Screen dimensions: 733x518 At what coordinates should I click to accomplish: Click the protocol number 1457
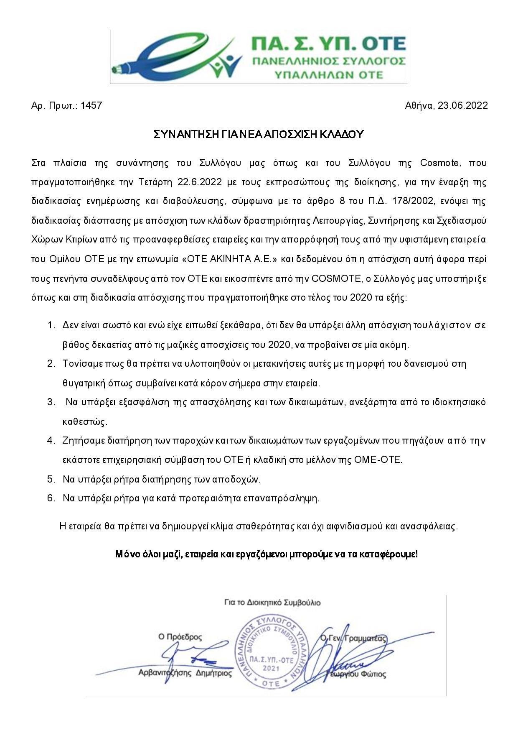click(91, 105)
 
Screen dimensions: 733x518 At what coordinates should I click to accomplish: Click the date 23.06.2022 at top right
click(462, 105)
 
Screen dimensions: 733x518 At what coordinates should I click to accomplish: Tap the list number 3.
click(51, 402)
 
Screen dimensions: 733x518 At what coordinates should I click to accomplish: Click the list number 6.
click(51, 498)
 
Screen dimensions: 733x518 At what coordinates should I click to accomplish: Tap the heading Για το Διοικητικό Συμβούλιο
click(272, 603)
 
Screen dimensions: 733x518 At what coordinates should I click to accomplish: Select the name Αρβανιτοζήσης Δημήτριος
click(185, 673)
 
